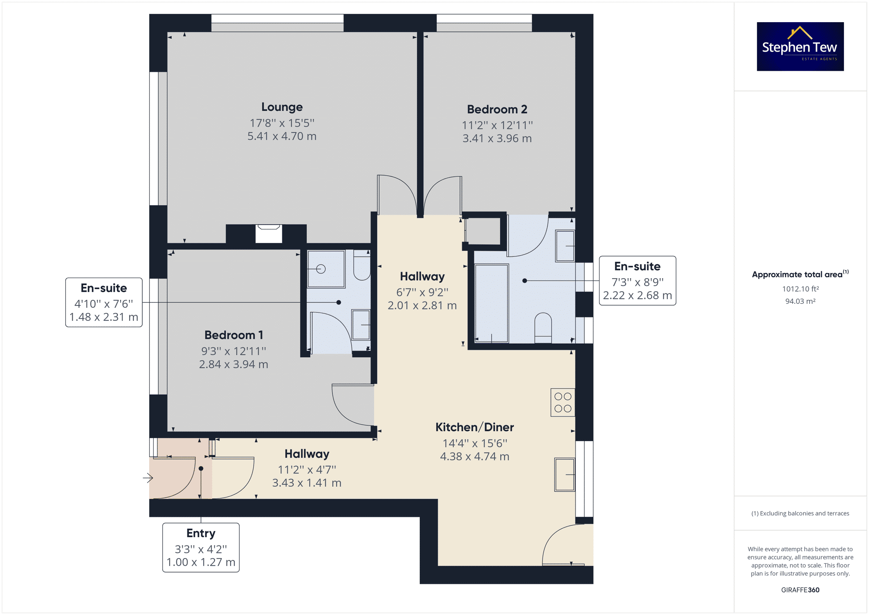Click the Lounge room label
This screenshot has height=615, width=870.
[282, 107]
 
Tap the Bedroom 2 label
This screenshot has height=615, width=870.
[497, 109]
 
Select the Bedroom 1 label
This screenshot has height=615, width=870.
[234, 335]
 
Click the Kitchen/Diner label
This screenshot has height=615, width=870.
[475, 427]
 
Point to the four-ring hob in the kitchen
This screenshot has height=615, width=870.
[563, 402]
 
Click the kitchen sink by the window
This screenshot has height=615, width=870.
[565, 474]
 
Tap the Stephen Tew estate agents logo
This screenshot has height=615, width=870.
[800, 47]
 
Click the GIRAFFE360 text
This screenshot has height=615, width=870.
[800, 590]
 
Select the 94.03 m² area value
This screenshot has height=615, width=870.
[800, 301]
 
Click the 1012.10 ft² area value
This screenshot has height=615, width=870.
[800, 289]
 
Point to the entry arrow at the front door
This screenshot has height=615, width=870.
[148, 478]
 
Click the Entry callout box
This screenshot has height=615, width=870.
[201, 548]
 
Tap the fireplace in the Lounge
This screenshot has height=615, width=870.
[268, 233]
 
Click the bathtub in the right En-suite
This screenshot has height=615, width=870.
[492, 303]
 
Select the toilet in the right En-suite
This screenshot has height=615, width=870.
[543, 328]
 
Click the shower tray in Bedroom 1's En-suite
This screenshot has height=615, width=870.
[326, 269]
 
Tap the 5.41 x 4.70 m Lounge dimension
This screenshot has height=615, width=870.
[282, 136]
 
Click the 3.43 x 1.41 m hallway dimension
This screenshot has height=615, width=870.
[307, 483]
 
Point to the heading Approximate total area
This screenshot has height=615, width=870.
[800, 274]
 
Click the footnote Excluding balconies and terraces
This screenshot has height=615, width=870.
[800, 513]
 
